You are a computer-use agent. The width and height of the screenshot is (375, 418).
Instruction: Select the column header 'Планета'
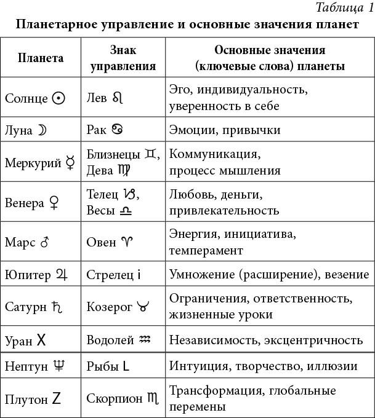pos(41,58)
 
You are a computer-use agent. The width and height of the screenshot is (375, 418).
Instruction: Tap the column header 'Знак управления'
pos(123,58)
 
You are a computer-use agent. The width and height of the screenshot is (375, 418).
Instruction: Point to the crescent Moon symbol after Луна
pos(42,130)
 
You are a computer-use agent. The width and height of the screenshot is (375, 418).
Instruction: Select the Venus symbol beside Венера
pos(54,203)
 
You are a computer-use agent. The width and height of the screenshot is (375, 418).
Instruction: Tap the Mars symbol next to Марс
pos(44,242)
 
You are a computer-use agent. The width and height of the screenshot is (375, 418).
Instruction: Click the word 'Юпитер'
pos(28,274)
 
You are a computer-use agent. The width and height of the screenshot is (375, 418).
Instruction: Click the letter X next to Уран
pos(41,339)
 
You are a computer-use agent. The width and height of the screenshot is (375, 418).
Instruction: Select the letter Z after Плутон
pos(56,399)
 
